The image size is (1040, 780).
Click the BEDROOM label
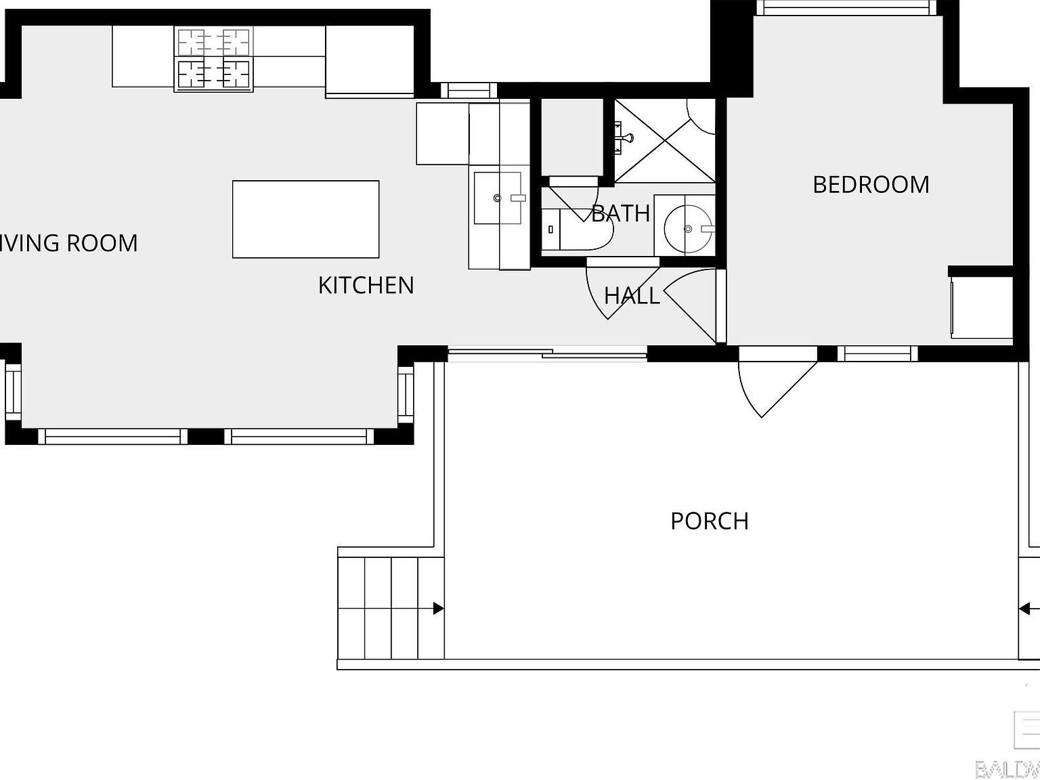(x=871, y=185)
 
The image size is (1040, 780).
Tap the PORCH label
(x=710, y=521)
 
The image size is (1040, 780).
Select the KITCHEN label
(x=366, y=285)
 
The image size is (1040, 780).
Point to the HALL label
(x=632, y=296)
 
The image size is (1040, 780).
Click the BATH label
(x=621, y=213)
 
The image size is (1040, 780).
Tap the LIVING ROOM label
(x=68, y=243)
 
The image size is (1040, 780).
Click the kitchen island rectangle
(x=305, y=219)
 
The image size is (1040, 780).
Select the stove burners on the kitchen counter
(x=213, y=60)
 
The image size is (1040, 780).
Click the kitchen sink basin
(x=498, y=198)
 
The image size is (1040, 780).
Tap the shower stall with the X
(x=665, y=141)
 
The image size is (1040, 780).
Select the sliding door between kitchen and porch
(x=547, y=352)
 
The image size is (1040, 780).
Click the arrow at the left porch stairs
(x=438, y=609)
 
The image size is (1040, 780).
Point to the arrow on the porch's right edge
(x=1026, y=609)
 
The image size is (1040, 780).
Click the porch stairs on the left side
(x=390, y=607)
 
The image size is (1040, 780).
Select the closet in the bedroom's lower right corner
(x=982, y=307)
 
